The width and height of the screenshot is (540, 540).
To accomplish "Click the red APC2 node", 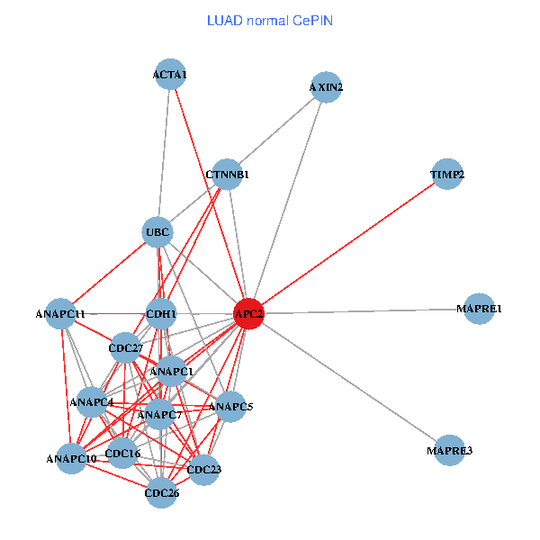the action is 248,313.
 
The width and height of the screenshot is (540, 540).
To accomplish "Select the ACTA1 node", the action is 169,75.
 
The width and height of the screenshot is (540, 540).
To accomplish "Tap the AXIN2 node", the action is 326,87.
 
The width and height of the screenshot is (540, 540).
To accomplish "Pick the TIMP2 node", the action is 447,174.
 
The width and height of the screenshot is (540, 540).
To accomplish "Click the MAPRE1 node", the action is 479,309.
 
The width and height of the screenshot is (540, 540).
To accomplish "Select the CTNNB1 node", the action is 227,174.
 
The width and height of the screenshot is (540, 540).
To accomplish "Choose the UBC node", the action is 158,232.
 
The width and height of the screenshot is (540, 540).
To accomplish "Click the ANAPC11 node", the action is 60,313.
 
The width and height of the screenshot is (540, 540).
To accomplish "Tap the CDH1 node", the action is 161,313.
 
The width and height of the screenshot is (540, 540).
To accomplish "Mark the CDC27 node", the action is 126,347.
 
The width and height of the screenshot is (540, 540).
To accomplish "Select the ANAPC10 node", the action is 72,459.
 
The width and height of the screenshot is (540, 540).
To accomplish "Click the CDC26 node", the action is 161,492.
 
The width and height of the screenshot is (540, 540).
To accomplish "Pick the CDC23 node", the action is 204,469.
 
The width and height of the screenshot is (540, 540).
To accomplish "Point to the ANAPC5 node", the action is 231,407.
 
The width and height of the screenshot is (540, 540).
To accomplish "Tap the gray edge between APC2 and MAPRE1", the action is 364,311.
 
